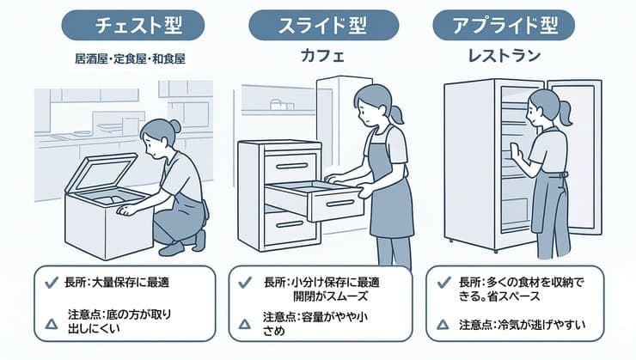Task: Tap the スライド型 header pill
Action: pyautogui.click(x=317, y=25)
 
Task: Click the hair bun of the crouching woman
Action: pyautogui.click(x=174, y=125)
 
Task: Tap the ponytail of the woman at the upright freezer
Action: pyautogui.click(x=564, y=110)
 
